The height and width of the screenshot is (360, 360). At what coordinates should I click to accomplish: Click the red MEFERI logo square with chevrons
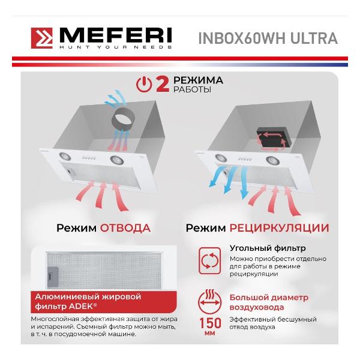[42, 38]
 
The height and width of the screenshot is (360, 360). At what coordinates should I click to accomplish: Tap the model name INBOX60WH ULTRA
[268, 38]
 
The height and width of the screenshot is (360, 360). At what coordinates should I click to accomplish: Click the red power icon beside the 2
[144, 85]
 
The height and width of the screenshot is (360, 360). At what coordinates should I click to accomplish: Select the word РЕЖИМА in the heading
[198, 80]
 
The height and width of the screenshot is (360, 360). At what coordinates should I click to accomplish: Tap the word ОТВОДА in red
[125, 228]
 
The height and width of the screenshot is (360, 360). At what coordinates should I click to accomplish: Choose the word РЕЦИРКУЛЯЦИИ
[280, 228]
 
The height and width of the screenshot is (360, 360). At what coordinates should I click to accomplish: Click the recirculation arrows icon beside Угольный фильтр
[209, 260]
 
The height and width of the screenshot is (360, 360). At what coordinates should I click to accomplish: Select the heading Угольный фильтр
[268, 248]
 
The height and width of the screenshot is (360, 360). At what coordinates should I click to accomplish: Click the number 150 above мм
[210, 323]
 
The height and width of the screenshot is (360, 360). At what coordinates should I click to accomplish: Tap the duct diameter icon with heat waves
[209, 302]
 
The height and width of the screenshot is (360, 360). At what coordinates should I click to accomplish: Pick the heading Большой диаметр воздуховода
[269, 302]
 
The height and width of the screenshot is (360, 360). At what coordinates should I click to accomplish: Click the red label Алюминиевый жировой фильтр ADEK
[104, 302]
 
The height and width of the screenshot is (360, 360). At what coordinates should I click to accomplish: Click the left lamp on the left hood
[65, 157]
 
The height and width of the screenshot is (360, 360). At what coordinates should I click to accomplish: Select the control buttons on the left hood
[88, 158]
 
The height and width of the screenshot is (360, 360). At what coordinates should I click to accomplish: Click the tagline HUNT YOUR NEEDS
[115, 47]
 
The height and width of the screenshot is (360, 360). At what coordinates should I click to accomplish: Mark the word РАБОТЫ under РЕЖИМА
[192, 89]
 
